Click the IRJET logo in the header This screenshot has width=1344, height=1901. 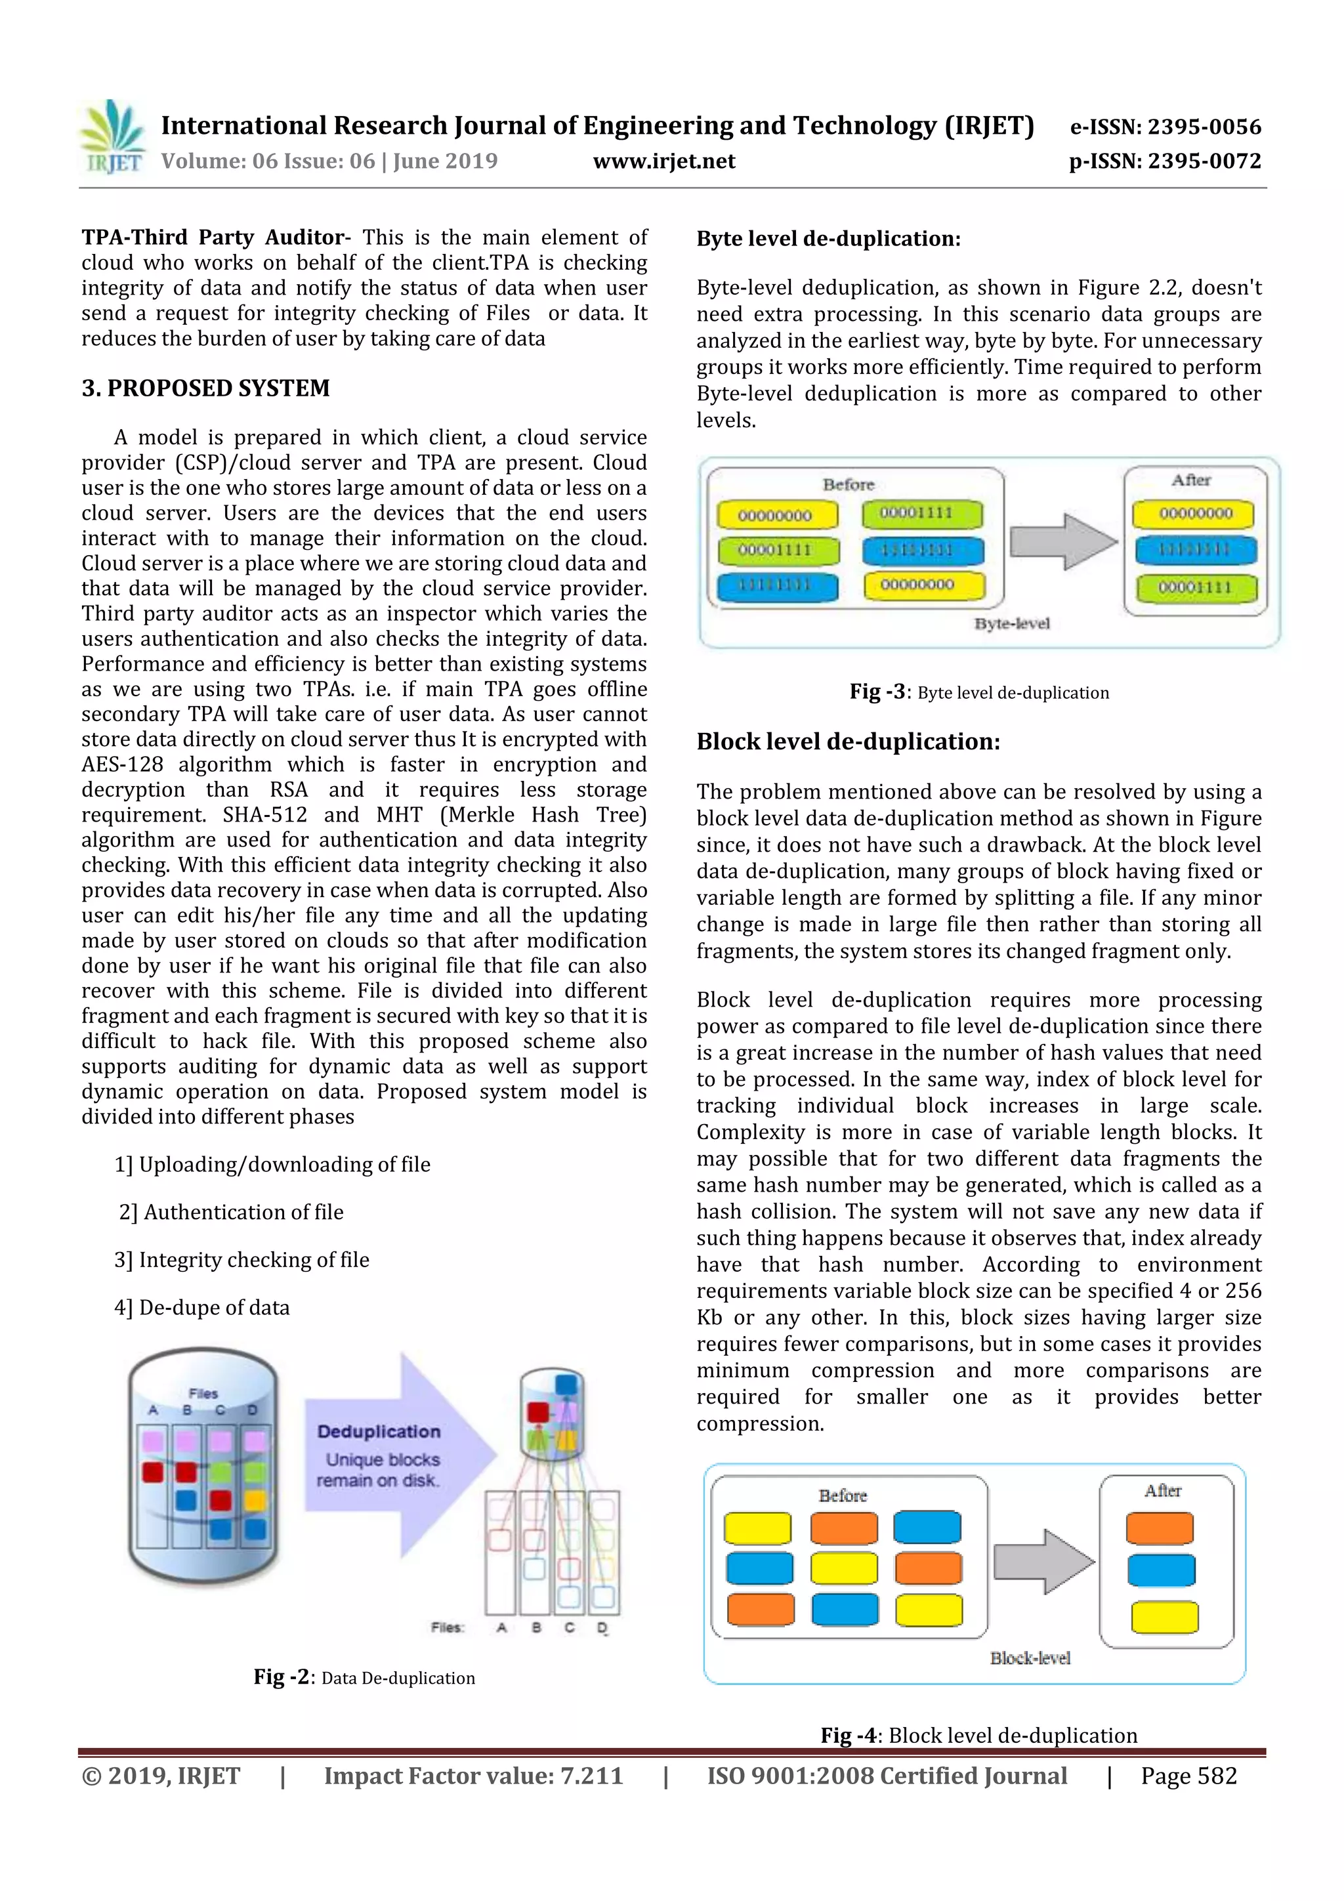[x=114, y=137]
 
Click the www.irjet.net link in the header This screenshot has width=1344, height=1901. [x=664, y=161]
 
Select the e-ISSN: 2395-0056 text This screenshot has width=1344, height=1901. [x=1165, y=127]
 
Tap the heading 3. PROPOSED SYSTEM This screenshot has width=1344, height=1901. [x=205, y=388]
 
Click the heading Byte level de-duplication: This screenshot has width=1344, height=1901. [x=828, y=240]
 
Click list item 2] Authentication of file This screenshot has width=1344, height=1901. [x=231, y=1212]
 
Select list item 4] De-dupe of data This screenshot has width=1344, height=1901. [x=202, y=1307]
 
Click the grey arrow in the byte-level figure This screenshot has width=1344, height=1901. [x=1062, y=541]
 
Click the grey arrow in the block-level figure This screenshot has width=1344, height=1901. [x=1043, y=1562]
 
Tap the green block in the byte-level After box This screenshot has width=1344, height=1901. [x=1195, y=588]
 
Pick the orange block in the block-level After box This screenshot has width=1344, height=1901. [x=1160, y=1528]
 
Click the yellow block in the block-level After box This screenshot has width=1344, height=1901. [x=1164, y=1617]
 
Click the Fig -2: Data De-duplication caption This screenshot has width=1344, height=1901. [x=364, y=1677]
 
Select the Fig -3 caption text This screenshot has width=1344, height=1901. [x=979, y=692]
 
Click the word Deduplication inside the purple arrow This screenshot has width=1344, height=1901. [x=379, y=1432]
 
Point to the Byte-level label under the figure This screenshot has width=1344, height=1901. [x=1012, y=623]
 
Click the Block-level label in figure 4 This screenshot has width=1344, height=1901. [x=1030, y=1658]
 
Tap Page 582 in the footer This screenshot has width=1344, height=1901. [x=1188, y=1776]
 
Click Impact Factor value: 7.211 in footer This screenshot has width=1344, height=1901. [x=473, y=1776]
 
